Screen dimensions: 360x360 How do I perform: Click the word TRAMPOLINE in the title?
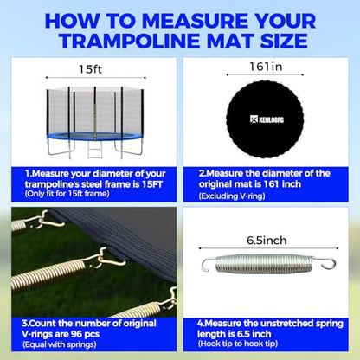[x=130, y=41]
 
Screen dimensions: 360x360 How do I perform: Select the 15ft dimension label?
[x=91, y=69]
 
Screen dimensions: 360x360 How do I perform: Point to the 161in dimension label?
[x=266, y=67]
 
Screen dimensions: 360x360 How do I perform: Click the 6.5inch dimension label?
[x=267, y=241]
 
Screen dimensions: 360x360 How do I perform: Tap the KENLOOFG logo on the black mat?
[x=267, y=119]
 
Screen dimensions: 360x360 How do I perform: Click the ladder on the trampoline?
[x=95, y=150]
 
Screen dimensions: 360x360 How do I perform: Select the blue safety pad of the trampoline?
[x=95, y=136]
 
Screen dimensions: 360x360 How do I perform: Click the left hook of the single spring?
[x=208, y=264]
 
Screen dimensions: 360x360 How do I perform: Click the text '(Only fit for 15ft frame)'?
[x=67, y=194]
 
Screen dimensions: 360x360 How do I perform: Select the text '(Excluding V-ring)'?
[x=232, y=196]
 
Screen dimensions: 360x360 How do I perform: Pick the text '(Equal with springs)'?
[x=59, y=344]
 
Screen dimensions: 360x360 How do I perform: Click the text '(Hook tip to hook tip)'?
[x=237, y=344]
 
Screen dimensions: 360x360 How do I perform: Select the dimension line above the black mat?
[x=265, y=74]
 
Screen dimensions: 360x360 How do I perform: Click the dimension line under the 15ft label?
[x=96, y=78]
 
